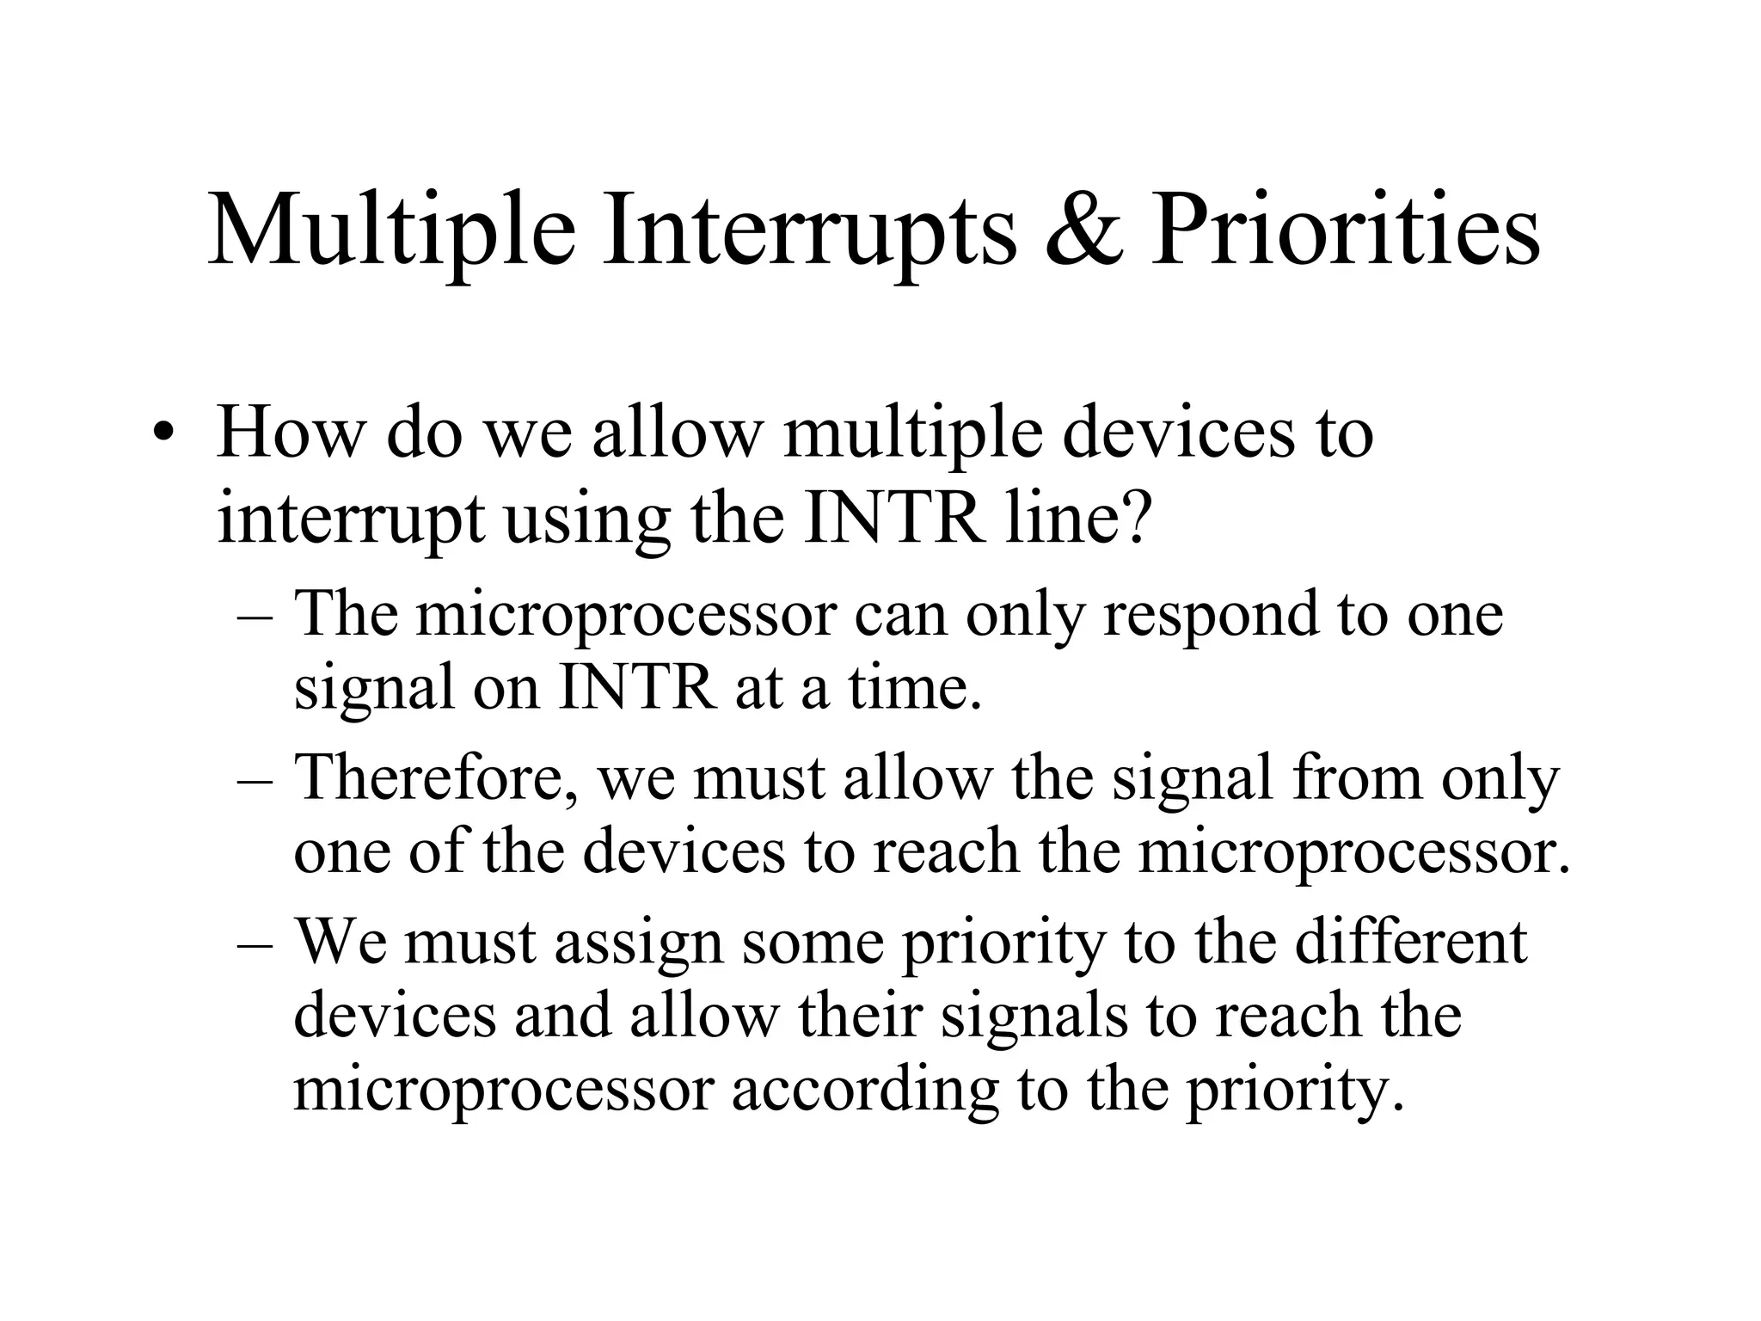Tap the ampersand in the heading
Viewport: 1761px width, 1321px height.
[x=1084, y=230]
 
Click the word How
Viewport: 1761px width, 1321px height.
[x=291, y=432]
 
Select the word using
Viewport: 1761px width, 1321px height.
[x=586, y=520]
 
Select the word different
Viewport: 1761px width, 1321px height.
[x=1410, y=941]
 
